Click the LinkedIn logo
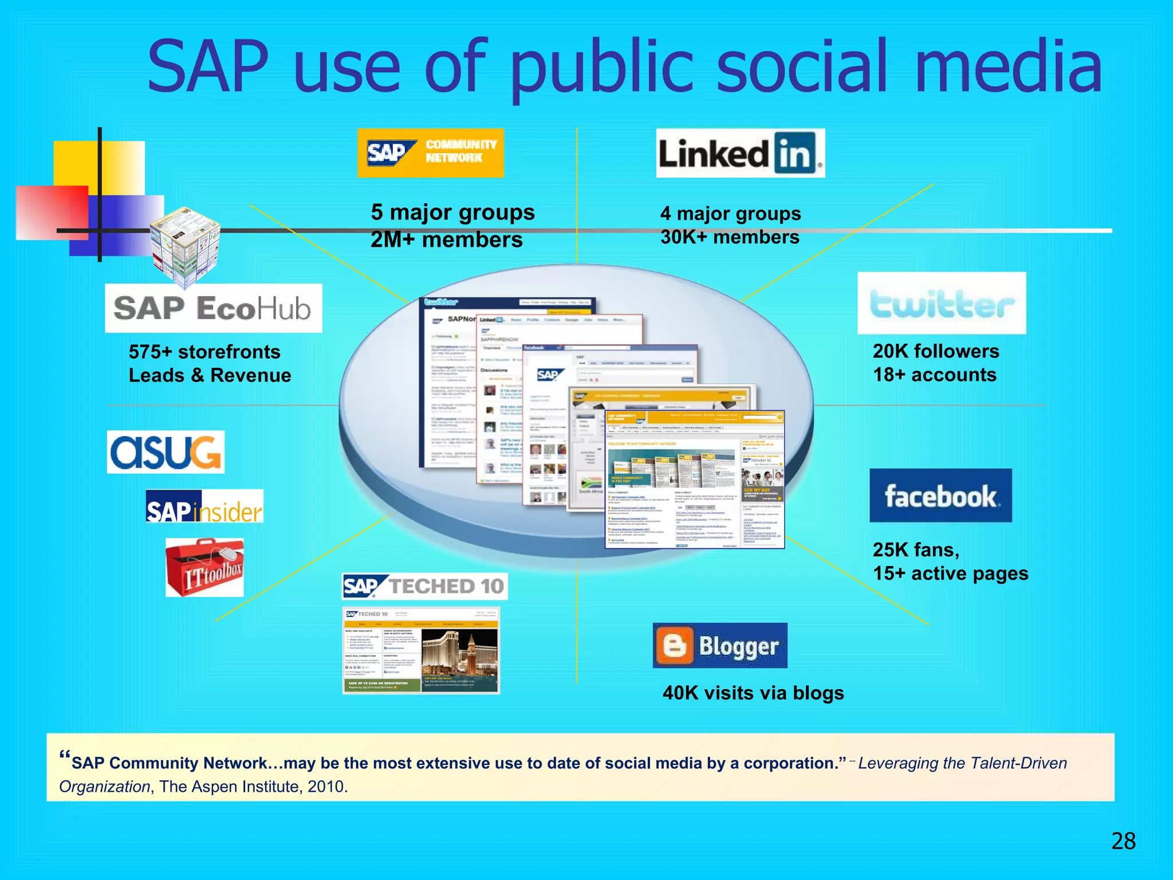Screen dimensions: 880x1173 point(740,154)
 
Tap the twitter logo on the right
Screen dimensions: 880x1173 point(941,303)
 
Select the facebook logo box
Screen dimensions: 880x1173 point(940,496)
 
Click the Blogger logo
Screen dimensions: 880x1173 point(720,646)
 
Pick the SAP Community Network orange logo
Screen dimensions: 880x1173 point(430,153)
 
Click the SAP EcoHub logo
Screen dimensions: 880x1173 point(213,308)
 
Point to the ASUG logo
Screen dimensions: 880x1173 point(166,452)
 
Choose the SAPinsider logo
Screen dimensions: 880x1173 point(204,506)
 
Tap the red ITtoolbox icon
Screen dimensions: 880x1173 point(205,568)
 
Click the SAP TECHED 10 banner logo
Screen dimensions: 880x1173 point(424,586)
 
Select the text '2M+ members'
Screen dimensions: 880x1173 point(446,239)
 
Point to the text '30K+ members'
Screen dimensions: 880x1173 point(730,237)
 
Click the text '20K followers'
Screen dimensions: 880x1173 point(935,351)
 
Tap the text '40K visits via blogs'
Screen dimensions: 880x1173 point(753,693)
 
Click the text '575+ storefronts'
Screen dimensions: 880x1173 point(204,352)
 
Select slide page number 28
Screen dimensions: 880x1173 point(1123,841)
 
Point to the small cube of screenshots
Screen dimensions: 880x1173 point(184,246)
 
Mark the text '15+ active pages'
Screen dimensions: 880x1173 point(950,573)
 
